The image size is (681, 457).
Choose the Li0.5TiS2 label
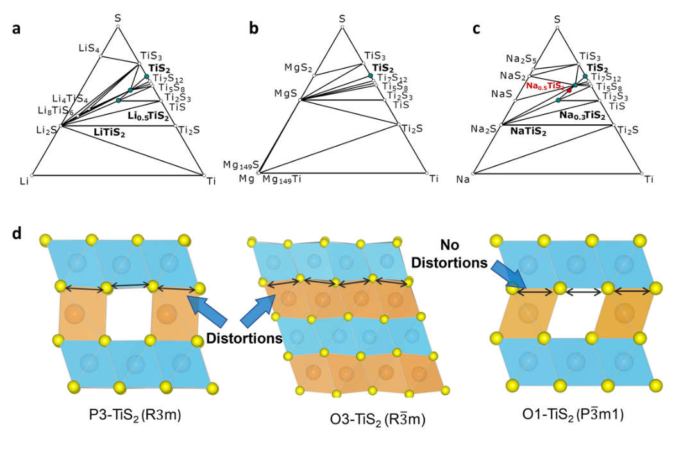(x=149, y=116)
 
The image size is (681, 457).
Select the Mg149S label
(x=241, y=165)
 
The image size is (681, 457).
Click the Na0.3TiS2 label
(x=582, y=115)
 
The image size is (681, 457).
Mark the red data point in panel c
(x=569, y=90)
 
